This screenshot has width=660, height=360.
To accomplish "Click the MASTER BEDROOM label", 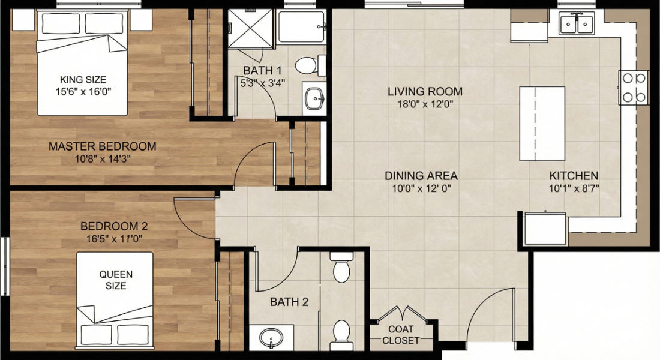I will (102, 146).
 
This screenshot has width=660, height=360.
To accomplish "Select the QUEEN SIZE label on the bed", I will (116, 280).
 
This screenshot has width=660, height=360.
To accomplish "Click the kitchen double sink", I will (575, 24).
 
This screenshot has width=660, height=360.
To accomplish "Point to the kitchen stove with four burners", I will (634, 87).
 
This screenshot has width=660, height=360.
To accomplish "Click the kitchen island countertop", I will (542, 123).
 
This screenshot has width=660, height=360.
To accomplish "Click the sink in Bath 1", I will (313, 98).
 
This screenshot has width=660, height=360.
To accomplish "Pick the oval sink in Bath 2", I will (271, 337).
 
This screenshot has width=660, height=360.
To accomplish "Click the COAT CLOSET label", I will (400, 334).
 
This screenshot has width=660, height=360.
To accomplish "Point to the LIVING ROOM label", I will (425, 92).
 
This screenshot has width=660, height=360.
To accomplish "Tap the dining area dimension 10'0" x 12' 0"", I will (421, 188).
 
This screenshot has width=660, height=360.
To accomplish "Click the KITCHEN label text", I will (574, 176).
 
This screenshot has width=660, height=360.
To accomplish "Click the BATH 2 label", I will (289, 302).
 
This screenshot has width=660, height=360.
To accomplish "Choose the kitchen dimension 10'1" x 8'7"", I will (574, 188).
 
